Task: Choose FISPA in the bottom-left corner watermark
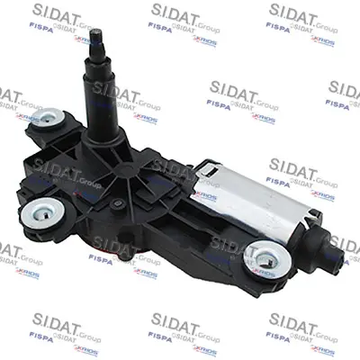tap(17, 337)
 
